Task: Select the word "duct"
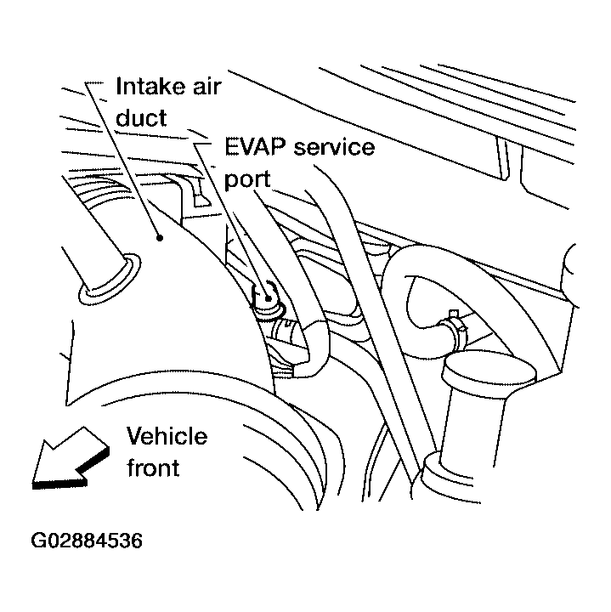(141, 118)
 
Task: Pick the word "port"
(248, 179)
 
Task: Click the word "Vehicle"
(167, 437)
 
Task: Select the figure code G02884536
(87, 541)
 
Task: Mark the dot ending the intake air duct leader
(158, 241)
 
